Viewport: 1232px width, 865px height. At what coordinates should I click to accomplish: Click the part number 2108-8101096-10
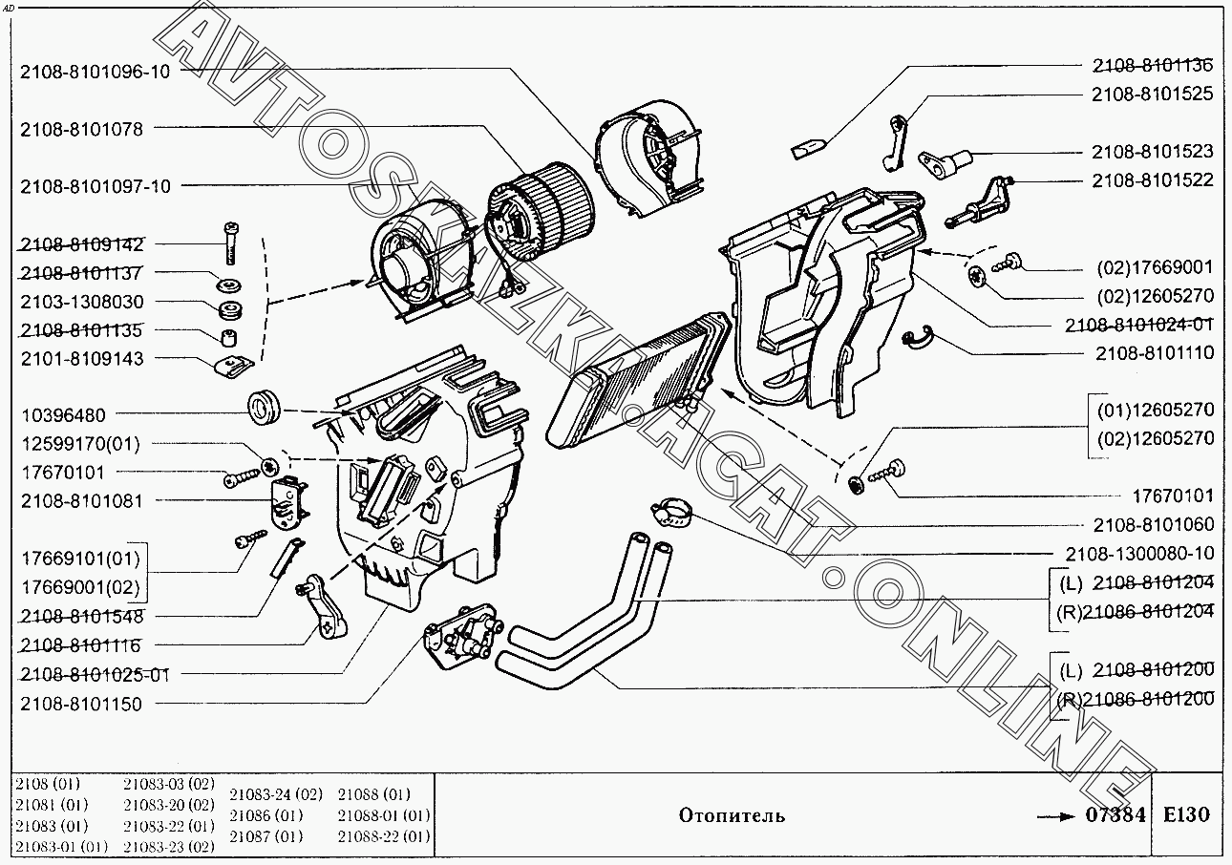click(96, 72)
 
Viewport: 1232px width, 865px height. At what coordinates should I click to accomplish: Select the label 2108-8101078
click(81, 129)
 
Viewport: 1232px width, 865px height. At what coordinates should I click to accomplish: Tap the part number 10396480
click(63, 415)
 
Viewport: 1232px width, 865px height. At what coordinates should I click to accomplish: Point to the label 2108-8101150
click(81, 704)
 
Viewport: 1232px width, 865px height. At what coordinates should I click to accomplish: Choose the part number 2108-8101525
click(1152, 94)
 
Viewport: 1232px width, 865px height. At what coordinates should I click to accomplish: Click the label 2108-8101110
click(1155, 353)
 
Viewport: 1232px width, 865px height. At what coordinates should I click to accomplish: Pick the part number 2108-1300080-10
click(1139, 553)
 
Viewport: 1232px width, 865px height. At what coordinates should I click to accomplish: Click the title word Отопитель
click(732, 815)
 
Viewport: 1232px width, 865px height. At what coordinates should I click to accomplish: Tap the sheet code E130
click(1186, 814)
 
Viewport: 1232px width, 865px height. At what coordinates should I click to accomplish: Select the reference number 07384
click(1115, 814)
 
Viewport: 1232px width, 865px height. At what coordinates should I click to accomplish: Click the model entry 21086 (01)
click(266, 815)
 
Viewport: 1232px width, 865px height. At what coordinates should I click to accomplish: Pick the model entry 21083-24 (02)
click(276, 794)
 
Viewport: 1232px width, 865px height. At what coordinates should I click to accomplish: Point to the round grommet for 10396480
click(264, 407)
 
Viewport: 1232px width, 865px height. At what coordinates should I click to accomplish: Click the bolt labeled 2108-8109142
click(231, 243)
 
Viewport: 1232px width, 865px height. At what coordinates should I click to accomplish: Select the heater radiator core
click(638, 379)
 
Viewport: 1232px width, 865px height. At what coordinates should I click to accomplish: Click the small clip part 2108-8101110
click(918, 338)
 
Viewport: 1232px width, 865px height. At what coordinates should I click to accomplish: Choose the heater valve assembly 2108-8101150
click(463, 637)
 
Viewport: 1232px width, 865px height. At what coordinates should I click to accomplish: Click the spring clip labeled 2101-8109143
click(233, 367)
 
